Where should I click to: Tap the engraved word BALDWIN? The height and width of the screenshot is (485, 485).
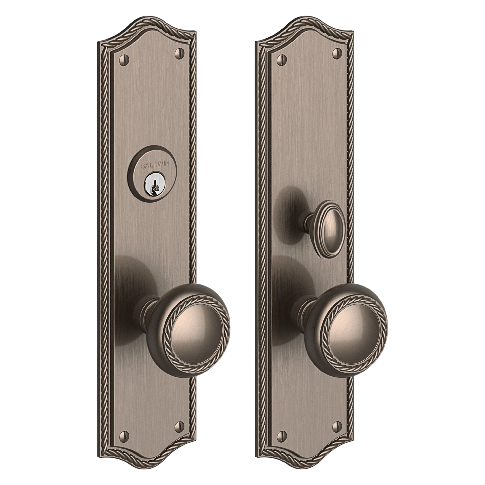(x=155, y=165)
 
